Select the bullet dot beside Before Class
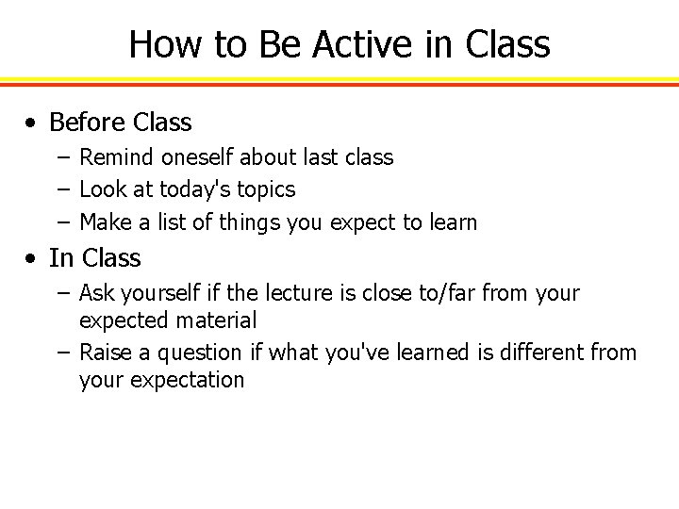coord(33,123)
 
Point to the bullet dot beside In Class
coord(33,258)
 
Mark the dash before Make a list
coord(61,223)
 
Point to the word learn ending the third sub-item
coord(453,222)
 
